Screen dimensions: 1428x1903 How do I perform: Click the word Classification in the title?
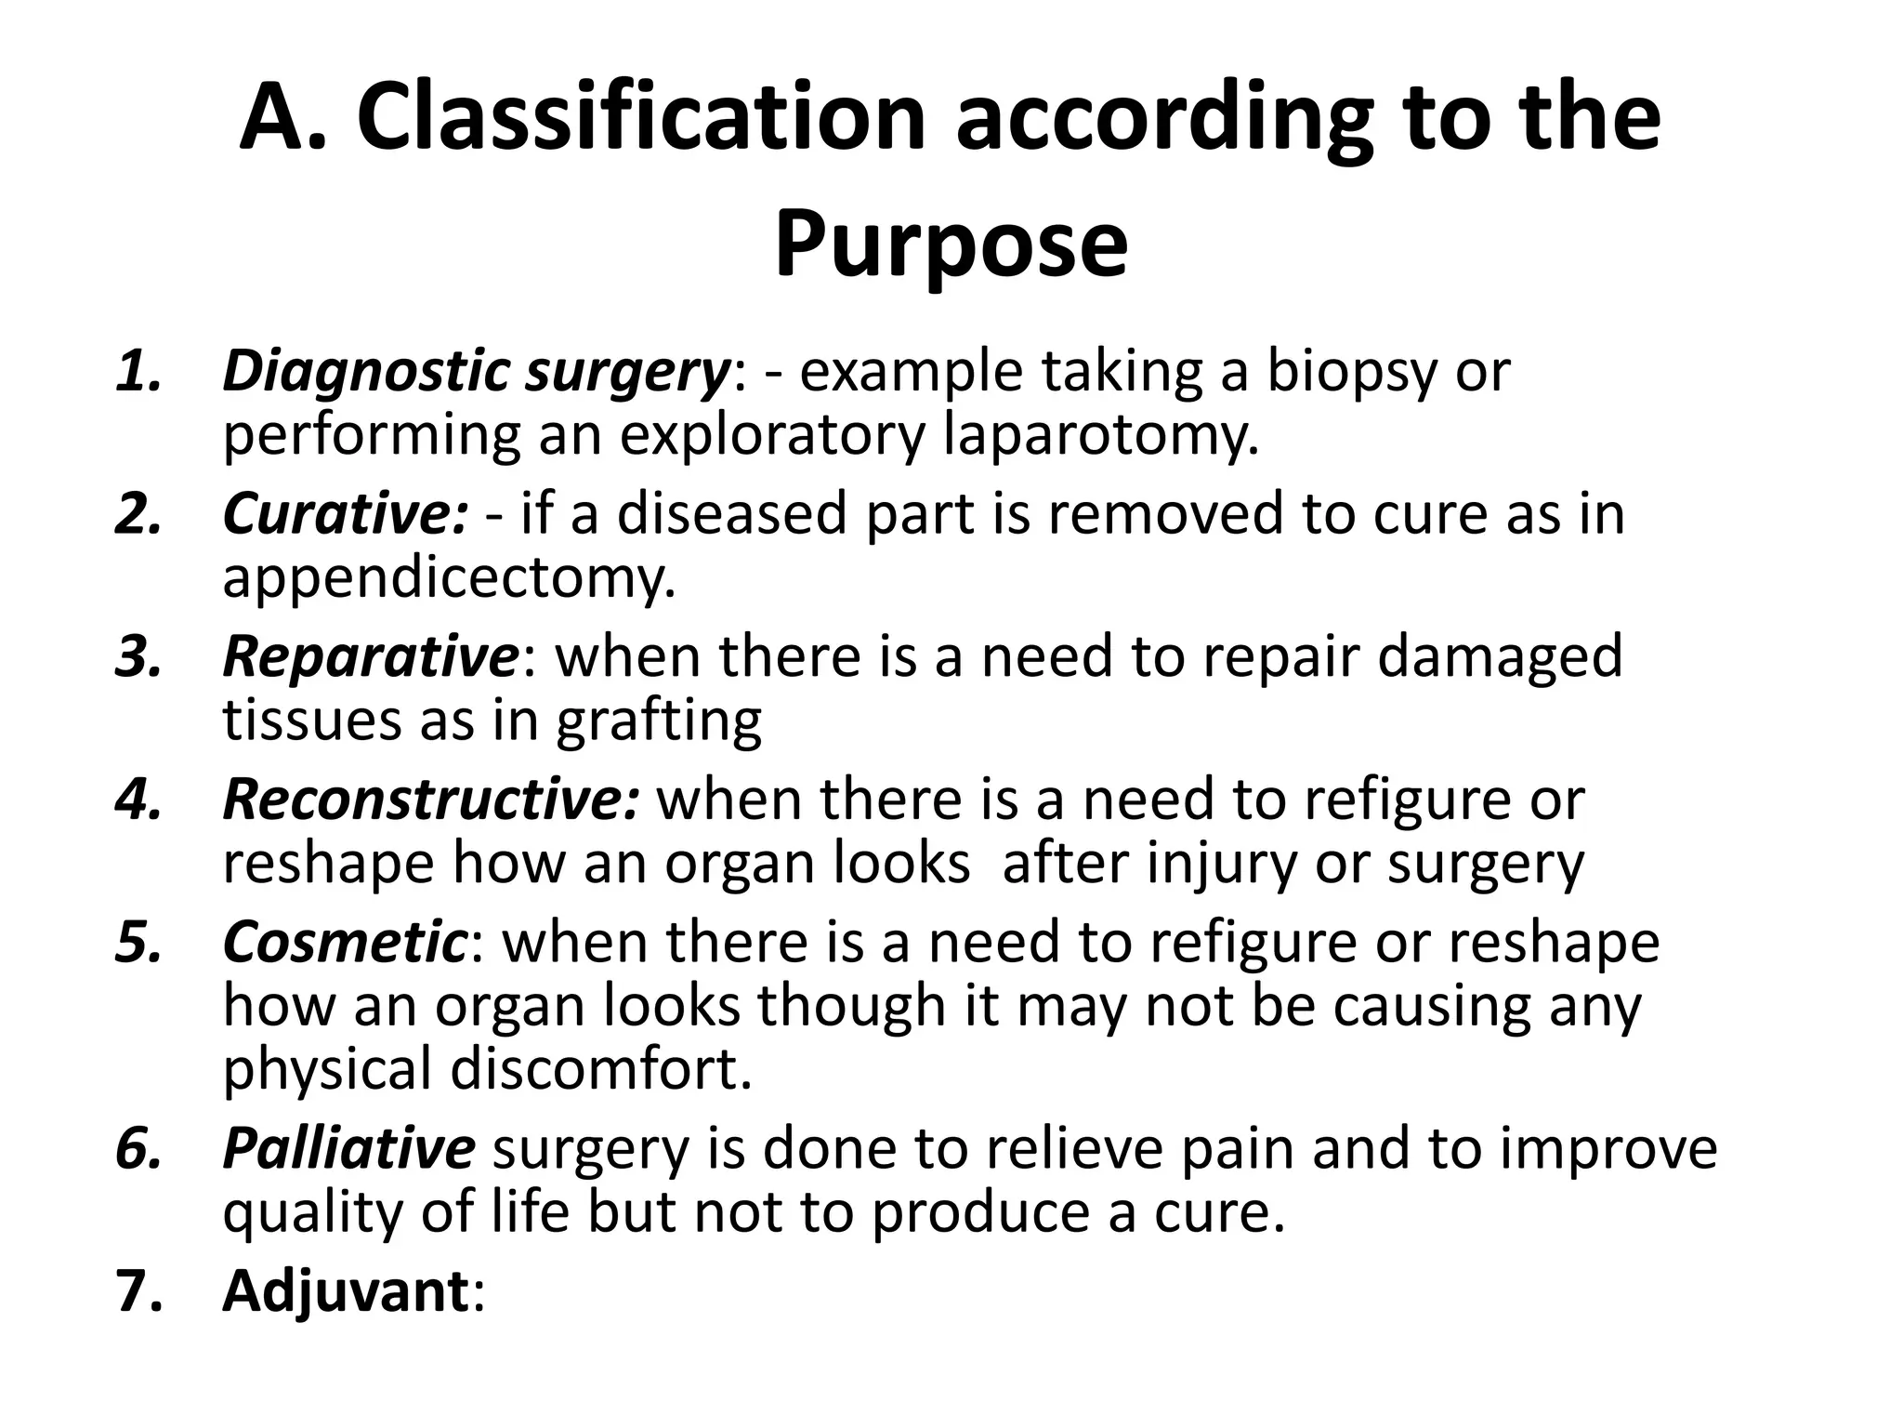click(641, 118)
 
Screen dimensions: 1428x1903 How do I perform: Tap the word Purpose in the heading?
click(951, 244)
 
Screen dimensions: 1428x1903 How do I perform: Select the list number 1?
click(138, 372)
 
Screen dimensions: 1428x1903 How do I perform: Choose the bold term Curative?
click(345, 514)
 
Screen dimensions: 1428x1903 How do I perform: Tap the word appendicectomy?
click(449, 577)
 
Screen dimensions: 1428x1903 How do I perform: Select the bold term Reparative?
click(370, 656)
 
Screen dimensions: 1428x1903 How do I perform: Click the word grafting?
click(659, 721)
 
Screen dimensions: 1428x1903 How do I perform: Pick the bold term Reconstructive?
click(431, 800)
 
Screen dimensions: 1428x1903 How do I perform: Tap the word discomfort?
click(601, 1069)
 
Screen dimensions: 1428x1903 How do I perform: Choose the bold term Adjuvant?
click(346, 1291)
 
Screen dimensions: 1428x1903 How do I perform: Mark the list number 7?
click(138, 1291)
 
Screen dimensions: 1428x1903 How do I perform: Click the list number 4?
click(138, 800)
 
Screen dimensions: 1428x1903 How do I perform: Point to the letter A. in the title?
click(283, 118)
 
